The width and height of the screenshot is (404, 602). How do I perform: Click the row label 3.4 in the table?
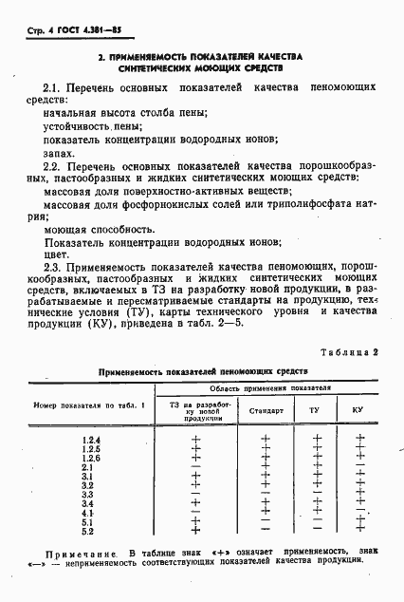coord(87,502)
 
